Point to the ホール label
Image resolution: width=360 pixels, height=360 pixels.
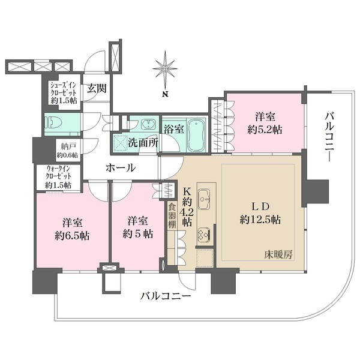click(121, 168)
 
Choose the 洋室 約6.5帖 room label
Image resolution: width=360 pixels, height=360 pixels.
click(71, 228)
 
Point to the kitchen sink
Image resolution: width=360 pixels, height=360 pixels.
click(203, 196)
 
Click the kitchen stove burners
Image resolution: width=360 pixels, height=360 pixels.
click(203, 233)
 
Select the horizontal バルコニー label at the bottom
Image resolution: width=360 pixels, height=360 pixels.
click(166, 296)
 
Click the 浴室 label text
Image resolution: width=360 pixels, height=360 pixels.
click(173, 128)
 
